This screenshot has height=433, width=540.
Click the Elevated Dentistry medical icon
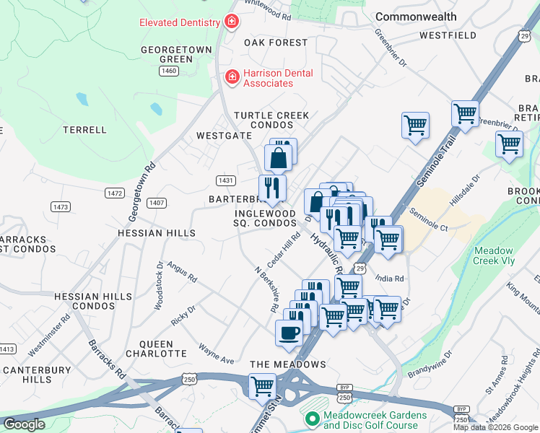pos(231,22)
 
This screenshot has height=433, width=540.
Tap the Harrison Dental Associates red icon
pos(232,76)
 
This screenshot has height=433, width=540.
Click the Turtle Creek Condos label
pos(271,120)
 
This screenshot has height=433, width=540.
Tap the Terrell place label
pos(84,130)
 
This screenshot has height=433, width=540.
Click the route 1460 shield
pos(170,71)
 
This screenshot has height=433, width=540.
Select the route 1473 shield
pos(61,207)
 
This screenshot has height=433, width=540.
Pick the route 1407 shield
pos(157,203)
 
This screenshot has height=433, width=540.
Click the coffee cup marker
pos(289,333)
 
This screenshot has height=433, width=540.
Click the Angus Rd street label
pos(182,271)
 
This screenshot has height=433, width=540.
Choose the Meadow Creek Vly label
pos(495,255)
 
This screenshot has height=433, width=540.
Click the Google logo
pos(25,424)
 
